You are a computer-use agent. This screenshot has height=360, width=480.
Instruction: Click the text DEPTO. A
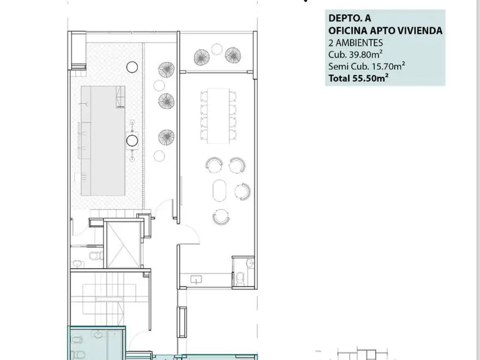coord(350,18)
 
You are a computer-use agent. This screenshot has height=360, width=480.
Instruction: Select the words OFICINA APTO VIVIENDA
coord(385,30)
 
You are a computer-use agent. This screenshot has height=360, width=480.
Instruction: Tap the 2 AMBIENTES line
coord(356,43)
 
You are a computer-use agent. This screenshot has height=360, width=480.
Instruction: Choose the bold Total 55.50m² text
coord(359,78)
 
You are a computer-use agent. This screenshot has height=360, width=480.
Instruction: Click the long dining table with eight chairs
coord(218,116)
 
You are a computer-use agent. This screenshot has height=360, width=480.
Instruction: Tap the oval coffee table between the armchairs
coord(219,190)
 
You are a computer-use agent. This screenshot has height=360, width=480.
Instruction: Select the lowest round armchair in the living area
coord(221,217)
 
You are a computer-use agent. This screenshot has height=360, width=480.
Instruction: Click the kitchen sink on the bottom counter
coord(196,279)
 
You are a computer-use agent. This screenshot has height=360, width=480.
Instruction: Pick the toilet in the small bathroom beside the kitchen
coord(240,278)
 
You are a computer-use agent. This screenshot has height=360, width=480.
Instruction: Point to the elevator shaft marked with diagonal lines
coord(123,244)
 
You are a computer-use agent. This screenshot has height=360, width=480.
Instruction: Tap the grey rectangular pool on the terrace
coord(103,141)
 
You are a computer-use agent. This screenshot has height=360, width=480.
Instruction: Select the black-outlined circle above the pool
coord(132,67)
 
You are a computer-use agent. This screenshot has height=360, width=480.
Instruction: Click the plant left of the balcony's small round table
coord(202,57)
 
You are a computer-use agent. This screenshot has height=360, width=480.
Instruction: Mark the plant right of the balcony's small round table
coord(233,55)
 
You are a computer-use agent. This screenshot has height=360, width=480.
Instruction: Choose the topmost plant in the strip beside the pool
coord(166,70)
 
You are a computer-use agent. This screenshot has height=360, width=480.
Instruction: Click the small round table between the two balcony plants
coord(217,49)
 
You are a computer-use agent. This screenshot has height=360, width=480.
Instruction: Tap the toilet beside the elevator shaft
coord(96,255)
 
